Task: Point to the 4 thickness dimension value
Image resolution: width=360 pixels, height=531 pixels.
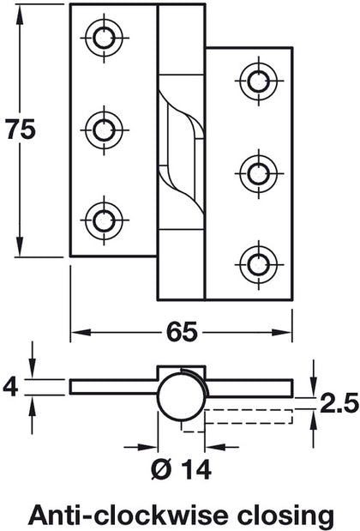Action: pyautogui.click(x=10, y=387)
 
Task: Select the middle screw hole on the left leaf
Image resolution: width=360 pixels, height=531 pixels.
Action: pyautogui.click(x=104, y=130)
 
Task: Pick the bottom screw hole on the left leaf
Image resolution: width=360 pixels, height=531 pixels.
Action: pyautogui.click(x=104, y=218)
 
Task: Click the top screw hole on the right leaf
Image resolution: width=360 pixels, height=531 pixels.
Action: pyautogui.click(x=258, y=81)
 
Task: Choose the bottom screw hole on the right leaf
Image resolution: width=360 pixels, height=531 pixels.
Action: pyautogui.click(x=258, y=260)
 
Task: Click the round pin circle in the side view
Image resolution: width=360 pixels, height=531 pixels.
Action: pyautogui.click(x=182, y=397)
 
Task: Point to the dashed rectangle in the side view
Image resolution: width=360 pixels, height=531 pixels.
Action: pyautogui.click(x=249, y=417)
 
